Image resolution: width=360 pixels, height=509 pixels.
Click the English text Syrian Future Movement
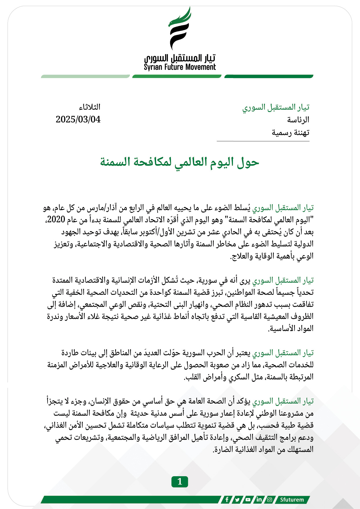(180, 67)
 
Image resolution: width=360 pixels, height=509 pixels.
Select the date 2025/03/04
(78, 119)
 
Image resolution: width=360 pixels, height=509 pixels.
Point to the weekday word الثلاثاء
(90, 107)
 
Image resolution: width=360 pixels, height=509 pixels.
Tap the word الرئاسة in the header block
(298, 120)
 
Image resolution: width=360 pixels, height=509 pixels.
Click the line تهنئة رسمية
(290, 133)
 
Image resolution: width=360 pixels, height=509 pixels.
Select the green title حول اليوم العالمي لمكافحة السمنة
(180, 162)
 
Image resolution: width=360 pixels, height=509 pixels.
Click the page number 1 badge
(180, 482)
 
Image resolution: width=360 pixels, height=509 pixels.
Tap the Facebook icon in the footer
(227, 500)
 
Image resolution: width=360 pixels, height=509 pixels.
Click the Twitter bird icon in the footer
(237, 500)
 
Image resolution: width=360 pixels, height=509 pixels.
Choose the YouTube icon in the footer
(248, 500)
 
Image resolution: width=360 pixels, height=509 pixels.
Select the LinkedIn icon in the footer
(259, 500)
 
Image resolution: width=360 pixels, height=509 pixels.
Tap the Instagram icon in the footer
(269, 500)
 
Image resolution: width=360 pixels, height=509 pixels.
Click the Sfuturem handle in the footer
(292, 500)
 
